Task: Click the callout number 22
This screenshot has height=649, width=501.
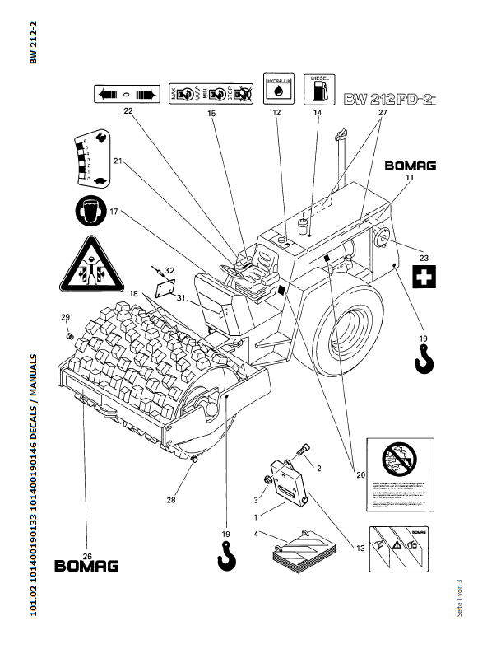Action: pos(128,110)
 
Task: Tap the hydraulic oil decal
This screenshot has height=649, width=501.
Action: pos(276,88)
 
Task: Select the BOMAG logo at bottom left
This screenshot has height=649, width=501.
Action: pos(86,566)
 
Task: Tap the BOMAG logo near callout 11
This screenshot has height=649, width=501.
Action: pos(411,166)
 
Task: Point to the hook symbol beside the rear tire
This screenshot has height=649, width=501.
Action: pos(424,359)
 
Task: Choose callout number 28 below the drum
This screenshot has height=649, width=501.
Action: pos(170,499)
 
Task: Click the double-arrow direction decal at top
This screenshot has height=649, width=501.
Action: pos(126,92)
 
